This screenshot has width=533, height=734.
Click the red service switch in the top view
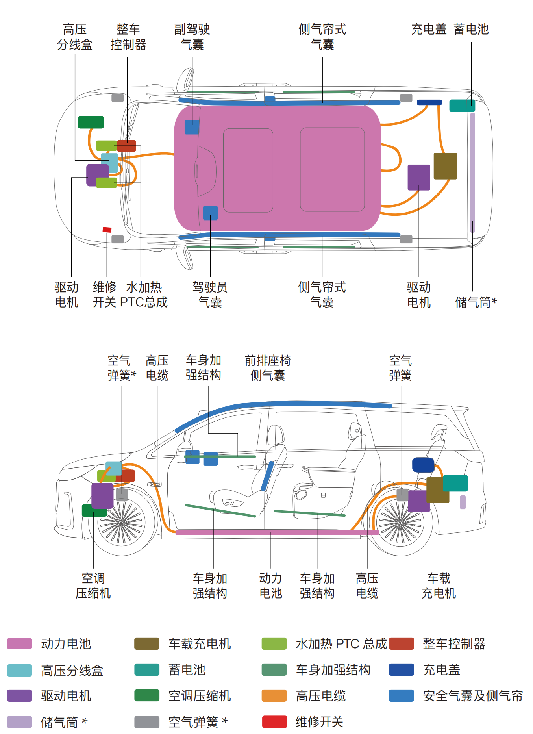tap(107, 230)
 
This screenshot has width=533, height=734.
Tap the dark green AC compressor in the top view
tap(91, 122)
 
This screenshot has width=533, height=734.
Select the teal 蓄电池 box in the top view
tap(462, 106)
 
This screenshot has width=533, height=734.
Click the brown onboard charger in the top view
tap(445, 166)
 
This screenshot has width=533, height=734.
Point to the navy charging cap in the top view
tap(429, 102)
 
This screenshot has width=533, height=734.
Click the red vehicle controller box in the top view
tap(127, 146)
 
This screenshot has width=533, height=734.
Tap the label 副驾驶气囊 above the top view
tap(192, 37)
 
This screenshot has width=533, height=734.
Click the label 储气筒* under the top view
tap(476, 302)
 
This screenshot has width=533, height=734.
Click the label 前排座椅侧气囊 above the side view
tap(268, 367)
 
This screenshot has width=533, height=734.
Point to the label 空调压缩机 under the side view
tap(93, 585)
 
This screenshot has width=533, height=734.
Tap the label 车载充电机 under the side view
tap(439, 585)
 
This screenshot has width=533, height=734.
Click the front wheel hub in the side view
tap(121, 523)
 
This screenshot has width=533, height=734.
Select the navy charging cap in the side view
tap(423, 465)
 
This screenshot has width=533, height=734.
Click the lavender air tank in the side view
tap(463, 502)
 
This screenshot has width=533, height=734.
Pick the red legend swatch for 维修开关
tap(274, 722)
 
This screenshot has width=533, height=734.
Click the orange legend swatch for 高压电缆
tap(274, 696)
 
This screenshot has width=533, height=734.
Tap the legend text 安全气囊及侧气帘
tap(472, 696)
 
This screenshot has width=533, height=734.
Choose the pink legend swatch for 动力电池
tap(19, 643)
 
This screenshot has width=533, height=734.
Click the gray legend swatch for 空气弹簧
tap(147, 722)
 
